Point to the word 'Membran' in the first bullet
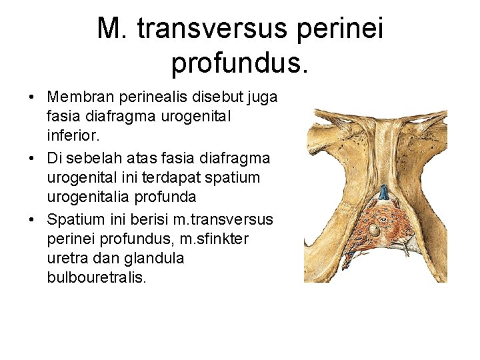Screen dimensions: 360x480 point(75,98)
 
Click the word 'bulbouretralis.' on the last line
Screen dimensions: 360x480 point(95,276)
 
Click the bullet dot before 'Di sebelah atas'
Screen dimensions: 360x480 point(33,159)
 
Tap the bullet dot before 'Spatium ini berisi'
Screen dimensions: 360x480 point(33,219)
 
